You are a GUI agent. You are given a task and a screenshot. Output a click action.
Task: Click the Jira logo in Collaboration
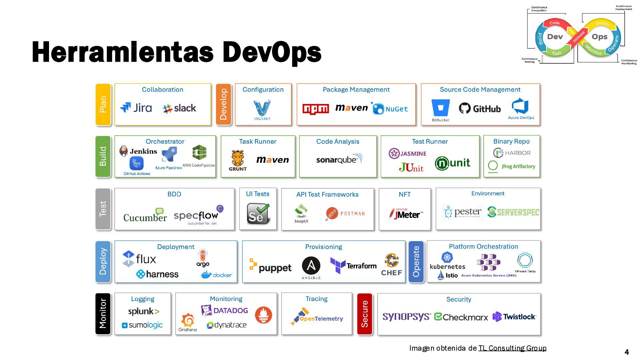pyautogui.click(x=136, y=108)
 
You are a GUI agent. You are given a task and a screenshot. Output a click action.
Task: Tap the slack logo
pyautogui.click(x=179, y=108)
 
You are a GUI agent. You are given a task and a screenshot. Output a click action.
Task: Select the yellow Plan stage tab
pyautogui.click(x=103, y=105)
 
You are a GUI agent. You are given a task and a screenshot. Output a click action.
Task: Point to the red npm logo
pyautogui.click(x=315, y=109)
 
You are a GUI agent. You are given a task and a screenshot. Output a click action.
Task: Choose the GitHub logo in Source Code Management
pyautogui.click(x=480, y=108)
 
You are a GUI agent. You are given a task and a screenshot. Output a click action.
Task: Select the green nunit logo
pyautogui.click(x=452, y=163)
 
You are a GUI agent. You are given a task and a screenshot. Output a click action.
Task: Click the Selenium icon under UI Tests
pyautogui.click(x=258, y=214)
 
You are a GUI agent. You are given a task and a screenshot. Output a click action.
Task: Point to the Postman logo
pyautogui.click(x=345, y=214)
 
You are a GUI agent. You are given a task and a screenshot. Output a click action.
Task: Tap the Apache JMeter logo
pyautogui.click(x=406, y=214)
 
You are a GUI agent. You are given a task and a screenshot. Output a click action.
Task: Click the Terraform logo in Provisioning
pyautogui.click(x=353, y=266)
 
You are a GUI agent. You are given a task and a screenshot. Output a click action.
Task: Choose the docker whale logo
pyautogui.click(x=217, y=275)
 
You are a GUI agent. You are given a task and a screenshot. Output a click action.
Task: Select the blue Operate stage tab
pyautogui.click(x=416, y=262)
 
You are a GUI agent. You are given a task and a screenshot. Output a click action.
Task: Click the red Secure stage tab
pyautogui.click(x=364, y=314)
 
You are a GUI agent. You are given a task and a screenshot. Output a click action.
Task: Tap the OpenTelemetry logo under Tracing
pyautogui.click(x=317, y=316)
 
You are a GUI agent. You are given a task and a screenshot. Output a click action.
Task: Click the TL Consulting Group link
pyautogui.click(x=512, y=348)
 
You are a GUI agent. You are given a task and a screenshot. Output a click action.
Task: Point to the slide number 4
pyautogui.click(x=626, y=352)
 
